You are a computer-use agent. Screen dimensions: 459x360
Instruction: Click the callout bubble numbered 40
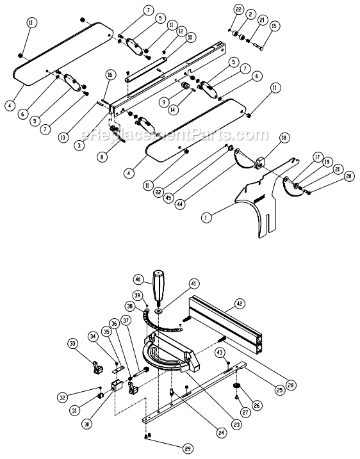tap(137, 279)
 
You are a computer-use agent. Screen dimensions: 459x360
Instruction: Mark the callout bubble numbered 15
tap(275, 26)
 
